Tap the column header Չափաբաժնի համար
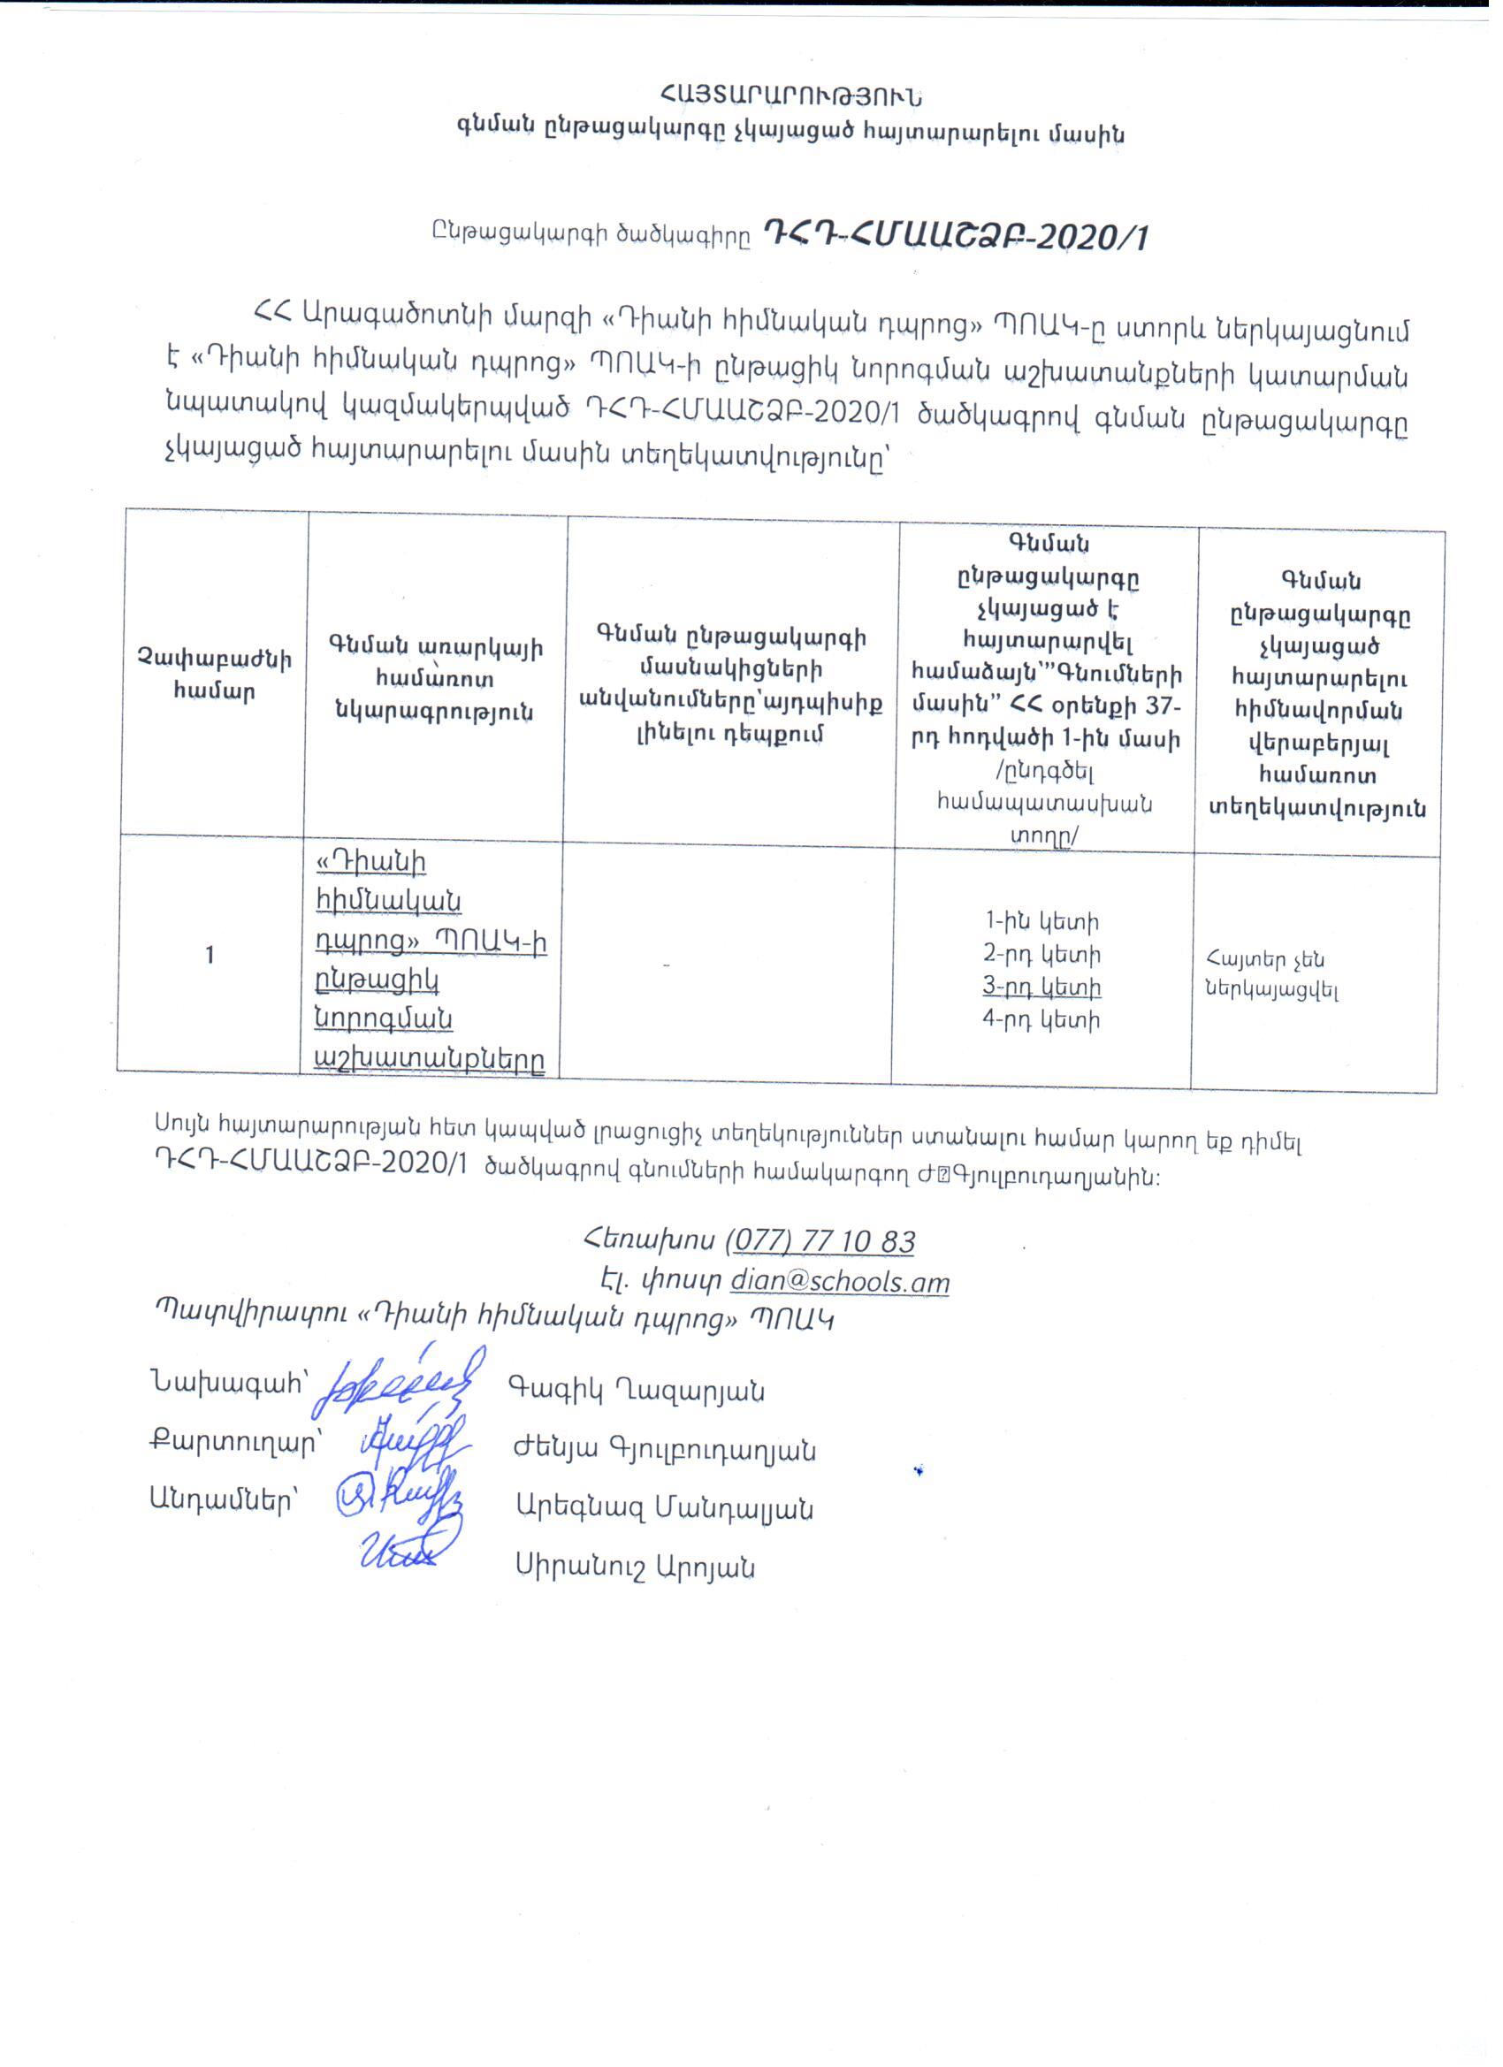click(x=214, y=675)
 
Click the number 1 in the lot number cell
click(x=210, y=955)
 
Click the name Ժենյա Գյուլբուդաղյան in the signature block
click(x=665, y=1450)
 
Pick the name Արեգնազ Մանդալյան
click(x=665, y=1508)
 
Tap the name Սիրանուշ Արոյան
click(x=636, y=1567)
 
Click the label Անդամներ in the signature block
click(x=224, y=1501)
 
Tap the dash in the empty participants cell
click(x=668, y=965)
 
